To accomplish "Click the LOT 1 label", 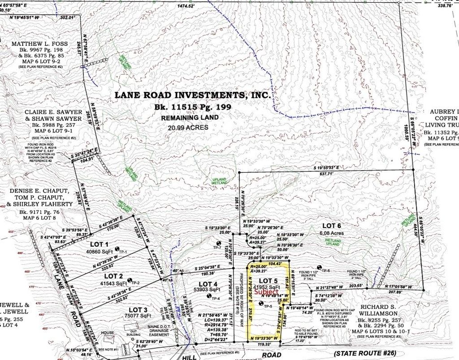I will point(99,244).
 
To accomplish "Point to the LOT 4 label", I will point(208,284).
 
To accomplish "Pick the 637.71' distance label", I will point(329,173).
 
